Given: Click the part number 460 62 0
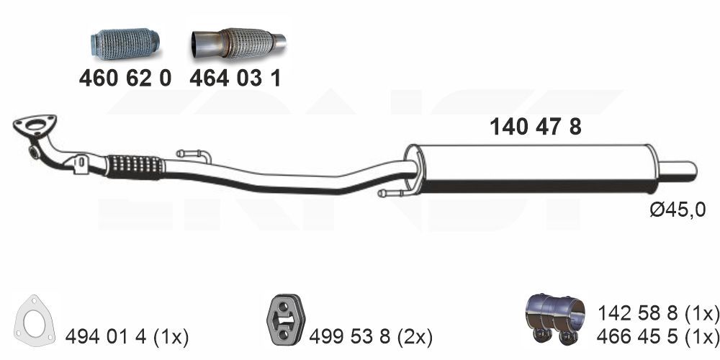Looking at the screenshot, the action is click(x=125, y=78).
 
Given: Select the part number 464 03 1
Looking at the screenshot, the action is click(x=235, y=78).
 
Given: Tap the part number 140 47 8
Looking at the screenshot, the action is click(x=536, y=127).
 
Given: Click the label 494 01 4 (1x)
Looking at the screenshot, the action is click(x=127, y=338).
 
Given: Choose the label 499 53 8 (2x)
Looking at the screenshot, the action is click(x=371, y=338).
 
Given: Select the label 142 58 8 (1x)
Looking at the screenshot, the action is click(x=658, y=314).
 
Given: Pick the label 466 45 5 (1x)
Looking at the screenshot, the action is click(x=658, y=336).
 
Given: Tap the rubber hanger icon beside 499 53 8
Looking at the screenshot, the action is click(x=286, y=320).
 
